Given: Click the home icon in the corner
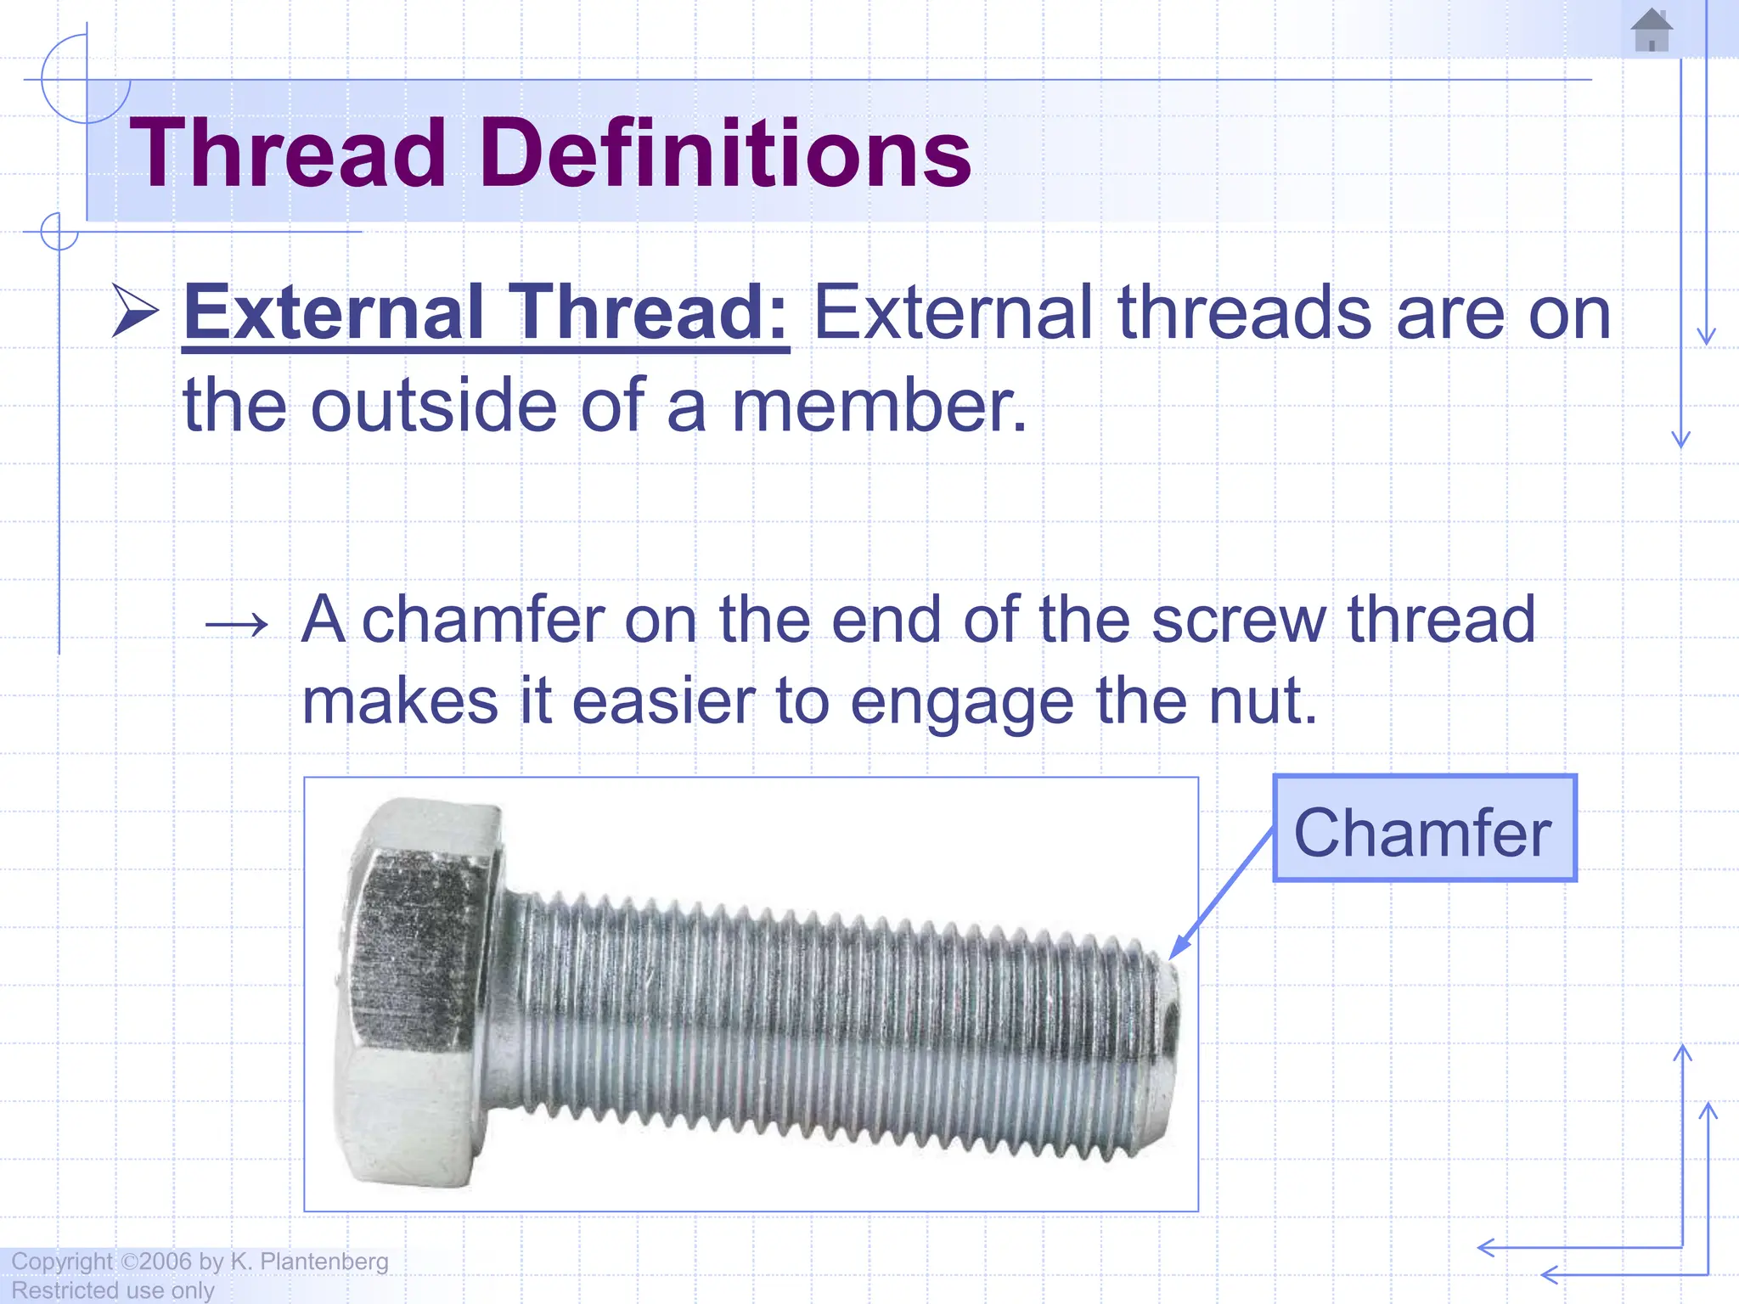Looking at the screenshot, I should click(1652, 31).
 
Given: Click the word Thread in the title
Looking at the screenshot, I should click(288, 154).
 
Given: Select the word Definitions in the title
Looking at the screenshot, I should click(726, 154).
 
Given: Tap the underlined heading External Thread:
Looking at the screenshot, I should click(486, 313).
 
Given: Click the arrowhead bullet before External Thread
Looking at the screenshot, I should click(135, 312).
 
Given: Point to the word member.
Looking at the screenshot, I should click(878, 407).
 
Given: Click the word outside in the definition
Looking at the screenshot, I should click(434, 407).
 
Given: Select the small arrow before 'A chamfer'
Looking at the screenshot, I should click(237, 626).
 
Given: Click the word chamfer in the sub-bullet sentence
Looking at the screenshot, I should click(483, 620).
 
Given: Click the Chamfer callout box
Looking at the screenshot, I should click(1424, 829).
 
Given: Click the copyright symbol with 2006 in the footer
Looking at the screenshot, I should click(156, 1262).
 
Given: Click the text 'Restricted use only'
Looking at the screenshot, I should click(113, 1290).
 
